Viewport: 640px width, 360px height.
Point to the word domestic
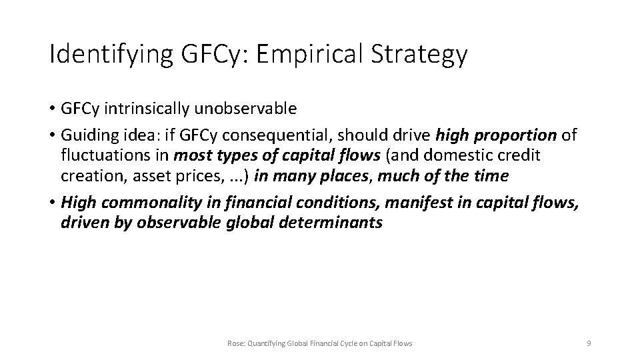(x=472, y=157)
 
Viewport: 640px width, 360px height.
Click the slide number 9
(x=588, y=343)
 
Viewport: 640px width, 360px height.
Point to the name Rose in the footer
(x=235, y=343)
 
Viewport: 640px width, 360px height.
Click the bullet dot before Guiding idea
(x=52, y=136)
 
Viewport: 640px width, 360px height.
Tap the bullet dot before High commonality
(x=52, y=203)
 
